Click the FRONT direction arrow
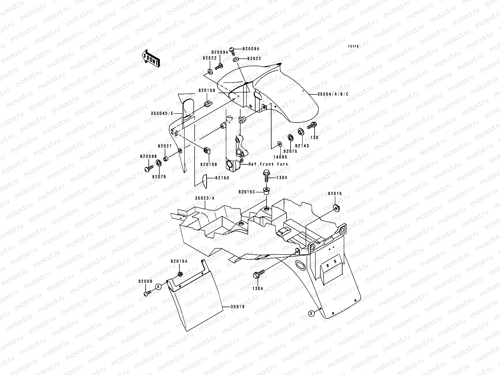(151, 58)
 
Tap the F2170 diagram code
(354, 47)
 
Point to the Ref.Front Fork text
(268, 164)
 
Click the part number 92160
(222, 178)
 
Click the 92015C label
(247, 192)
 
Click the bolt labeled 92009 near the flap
(147, 293)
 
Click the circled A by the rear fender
(311, 313)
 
